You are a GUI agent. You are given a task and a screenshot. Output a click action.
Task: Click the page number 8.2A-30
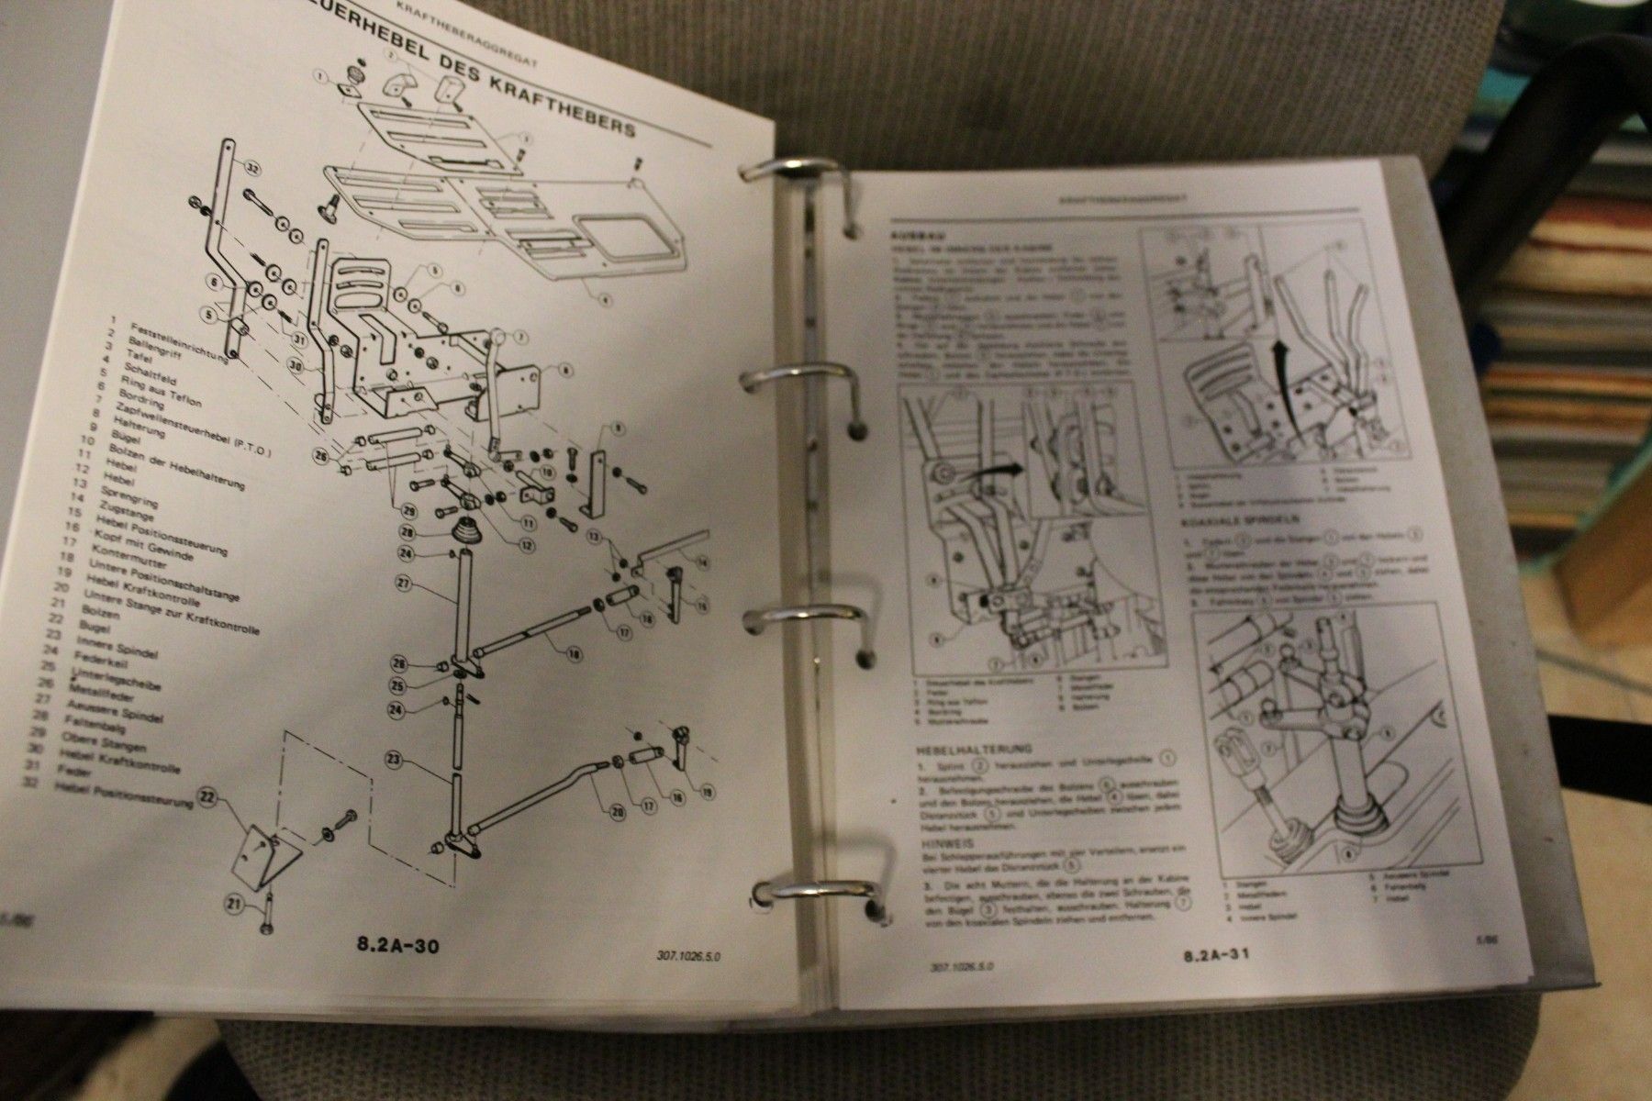point(396,945)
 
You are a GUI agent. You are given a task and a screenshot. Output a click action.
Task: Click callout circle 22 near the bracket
point(208,801)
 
